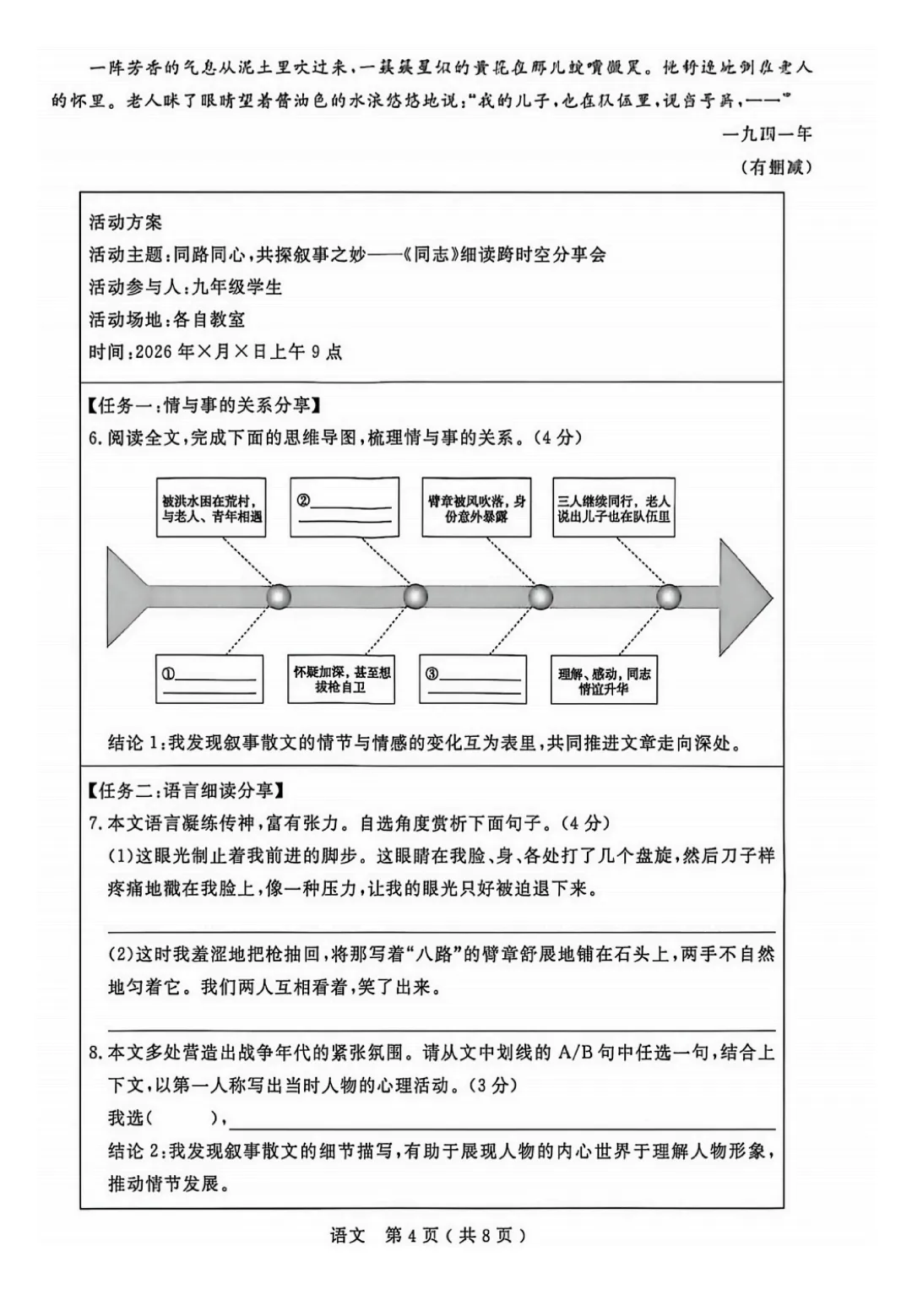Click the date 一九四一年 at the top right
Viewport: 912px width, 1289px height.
(x=767, y=133)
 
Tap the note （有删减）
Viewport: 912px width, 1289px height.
(x=776, y=167)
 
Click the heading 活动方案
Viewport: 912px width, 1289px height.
(x=125, y=223)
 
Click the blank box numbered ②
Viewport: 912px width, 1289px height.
(x=344, y=508)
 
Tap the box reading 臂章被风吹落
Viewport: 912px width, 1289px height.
(x=476, y=508)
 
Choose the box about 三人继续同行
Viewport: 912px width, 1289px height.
(x=614, y=508)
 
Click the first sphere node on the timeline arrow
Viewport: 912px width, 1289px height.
(x=279, y=597)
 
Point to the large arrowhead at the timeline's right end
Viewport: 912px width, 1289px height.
(x=743, y=597)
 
